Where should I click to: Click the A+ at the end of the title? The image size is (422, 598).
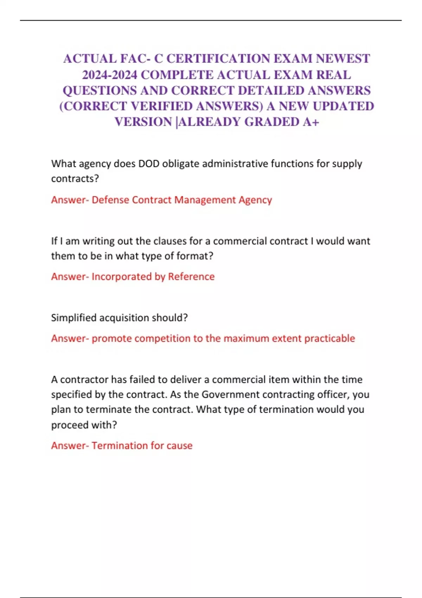tap(311, 122)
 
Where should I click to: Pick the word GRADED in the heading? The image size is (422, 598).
tap(272, 122)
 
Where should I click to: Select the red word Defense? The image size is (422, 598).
tap(110, 200)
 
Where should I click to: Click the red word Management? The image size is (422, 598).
tap(205, 200)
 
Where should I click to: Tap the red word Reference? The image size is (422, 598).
tap(191, 277)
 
